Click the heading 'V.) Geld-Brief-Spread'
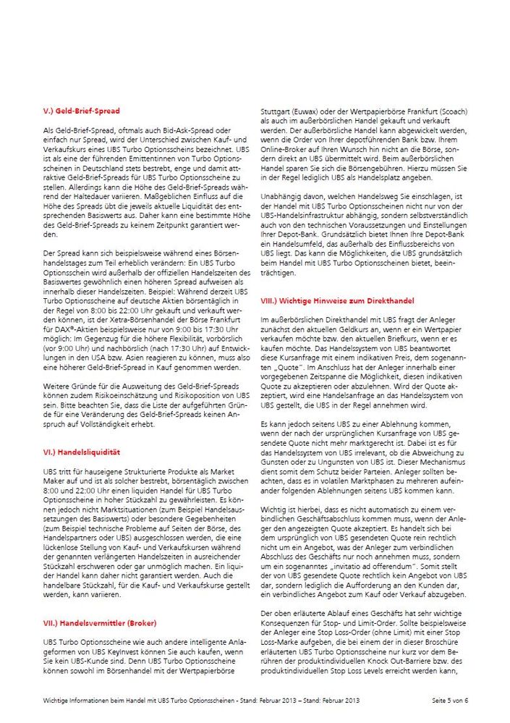click(82, 111)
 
